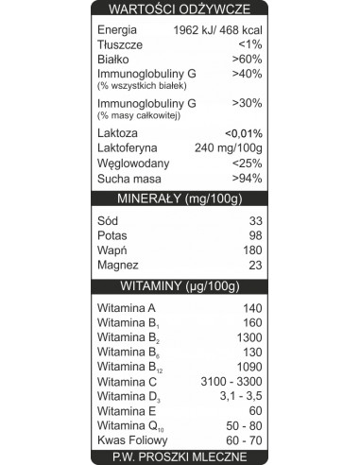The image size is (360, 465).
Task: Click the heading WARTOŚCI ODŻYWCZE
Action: pyautogui.click(x=180, y=9)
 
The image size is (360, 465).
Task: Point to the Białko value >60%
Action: pyautogui.click(x=247, y=59)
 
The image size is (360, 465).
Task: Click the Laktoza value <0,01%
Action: pyautogui.click(x=243, y=133)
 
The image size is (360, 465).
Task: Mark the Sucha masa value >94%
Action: pyautogui.click(x=247, y=179)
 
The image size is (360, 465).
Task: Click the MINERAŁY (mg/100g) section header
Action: pyautogui.click(x=180, y=198)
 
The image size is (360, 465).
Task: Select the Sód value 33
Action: pyautogui.click(x=253, y=220)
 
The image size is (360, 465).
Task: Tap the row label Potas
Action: pyautogui.click(x=112, y=235)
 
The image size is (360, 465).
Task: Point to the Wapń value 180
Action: pyautogui.click(x=250, y=250)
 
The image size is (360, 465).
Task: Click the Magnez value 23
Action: pyautogui.click(x=253, y=266)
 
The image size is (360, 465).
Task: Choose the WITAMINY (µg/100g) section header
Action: pyautogui.click(x=180, y=285)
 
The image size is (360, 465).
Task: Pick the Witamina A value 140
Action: pyautogui.click(x=250, y=308)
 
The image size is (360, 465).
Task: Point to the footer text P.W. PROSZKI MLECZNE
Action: pyautogui.click(x=180, y=457)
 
